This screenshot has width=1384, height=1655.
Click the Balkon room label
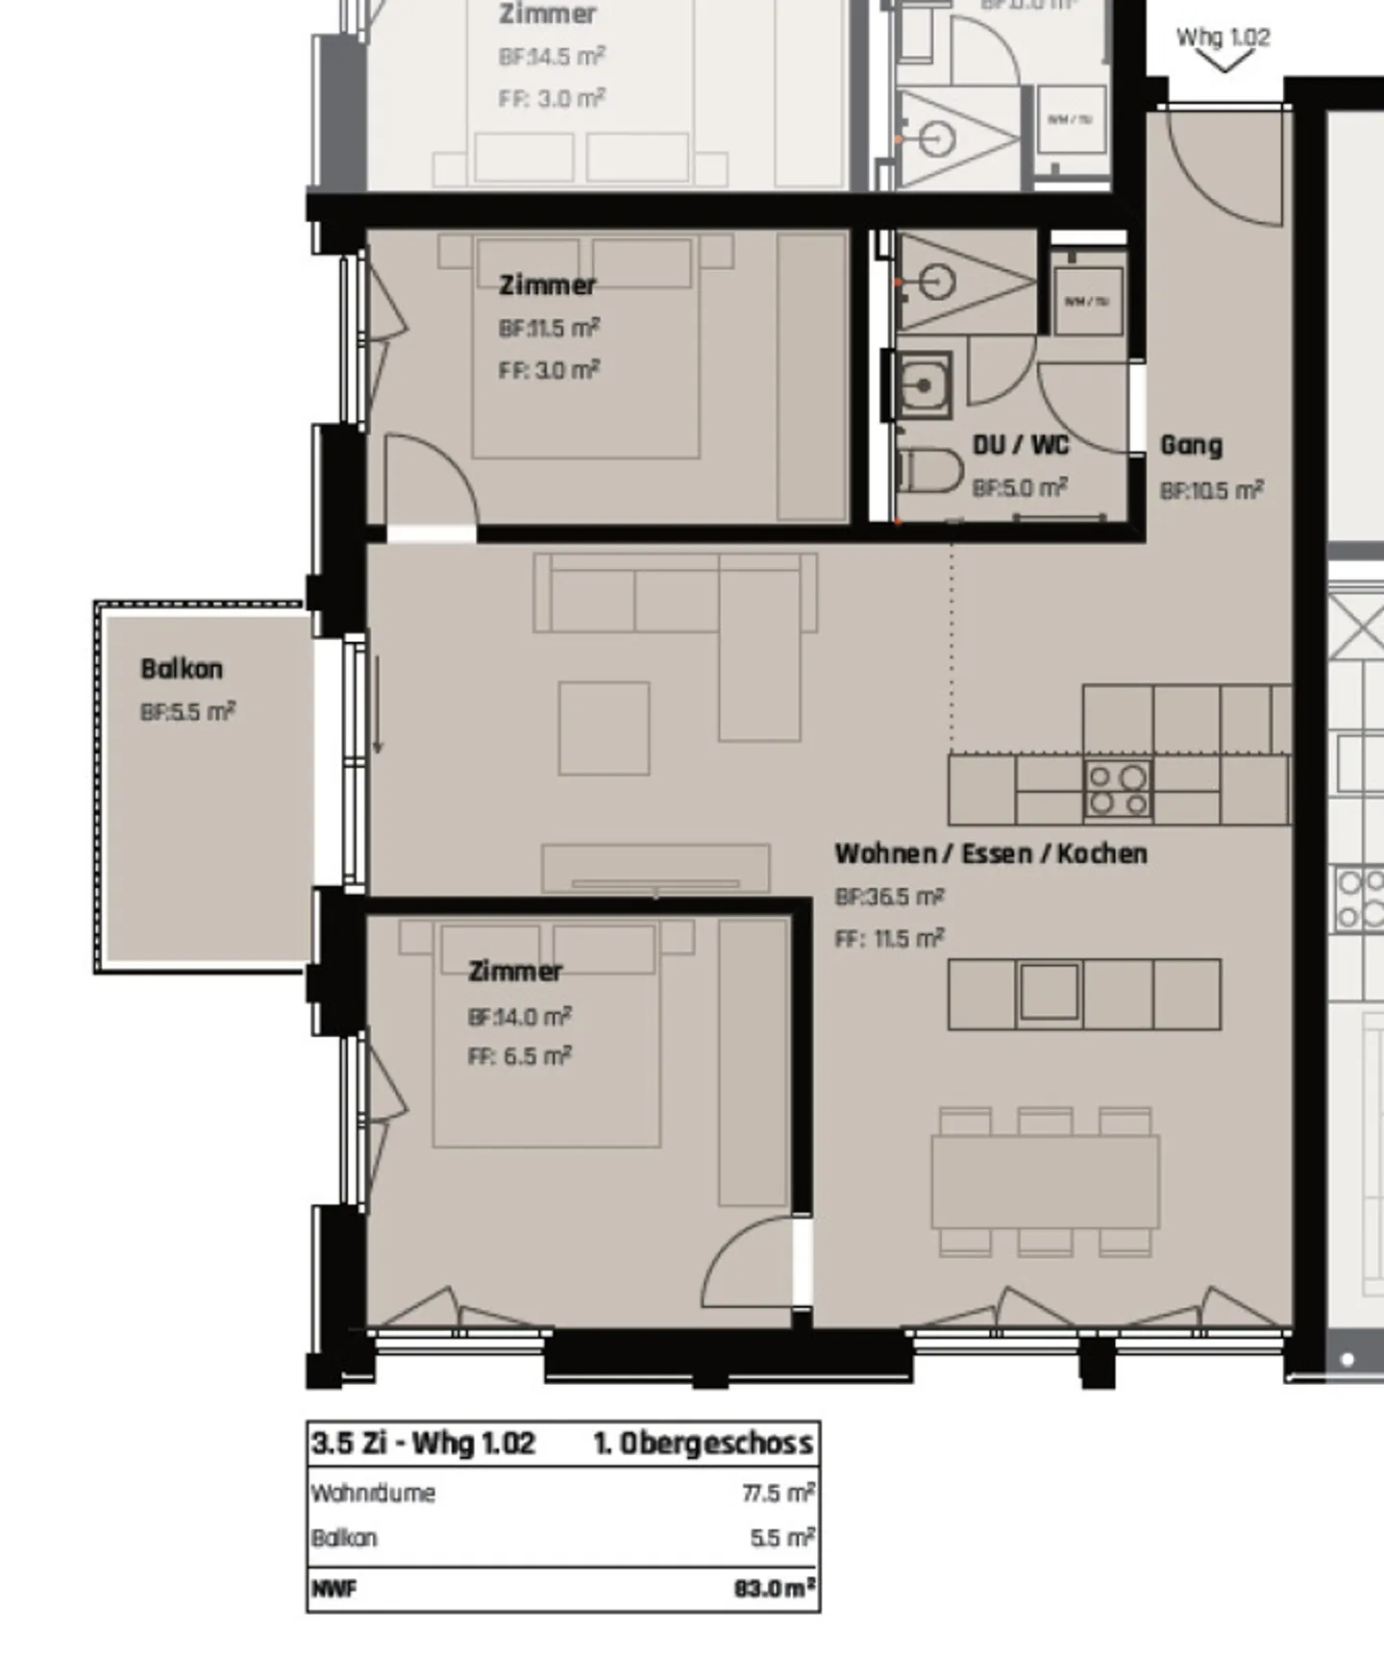pyautogui.click(x=182, y=669)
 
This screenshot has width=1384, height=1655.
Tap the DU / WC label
pyautogui.click(x=1020, y=445)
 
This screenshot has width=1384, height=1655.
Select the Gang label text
pyautogui.click(x=1191, y=445)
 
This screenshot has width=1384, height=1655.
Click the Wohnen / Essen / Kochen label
pyautogui.click(x=990, y=853)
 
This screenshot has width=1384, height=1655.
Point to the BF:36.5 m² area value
pyautogui.click(x=889, y=897)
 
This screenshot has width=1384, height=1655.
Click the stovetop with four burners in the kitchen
pyautogui.click(x=1118, y=790)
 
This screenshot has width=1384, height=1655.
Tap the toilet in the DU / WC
pyautogui.click(x=931, y=472)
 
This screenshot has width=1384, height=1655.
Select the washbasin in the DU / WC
pyautogui.click(x=924, y=385)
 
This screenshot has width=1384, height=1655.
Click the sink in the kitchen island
pyautogui.click(x=1049, y=991)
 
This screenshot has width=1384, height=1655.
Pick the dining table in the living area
pyautogui.click(x=1045, y=1181)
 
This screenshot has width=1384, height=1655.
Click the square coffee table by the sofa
pyautogui.click(x=604, y=728)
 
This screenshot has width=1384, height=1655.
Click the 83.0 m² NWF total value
pyautogui.click(x=775, y=1588)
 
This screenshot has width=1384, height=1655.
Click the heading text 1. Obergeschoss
pyautogui.click(x=703, y=1443)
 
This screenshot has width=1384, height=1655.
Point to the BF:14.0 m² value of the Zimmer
pyautogui.click(x=519, y=1016)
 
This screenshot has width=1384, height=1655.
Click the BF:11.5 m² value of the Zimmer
pyautogui.click(x=549, y=328)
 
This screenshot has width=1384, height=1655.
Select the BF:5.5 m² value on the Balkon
pyautogui.click(x=187, y=712)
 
